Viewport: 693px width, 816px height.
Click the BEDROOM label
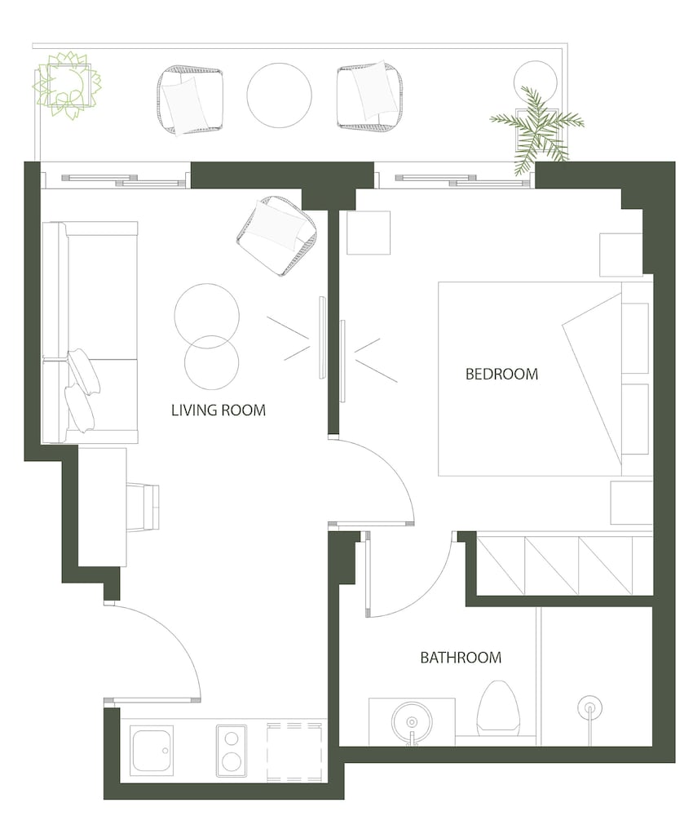[501, 374]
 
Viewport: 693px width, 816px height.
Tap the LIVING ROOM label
[218, 410]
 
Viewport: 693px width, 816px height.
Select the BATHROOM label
[461, 657]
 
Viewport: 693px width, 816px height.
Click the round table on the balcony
[279, 95]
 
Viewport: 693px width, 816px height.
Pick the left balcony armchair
[190, 100]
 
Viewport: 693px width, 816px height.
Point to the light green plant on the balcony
[67, 86]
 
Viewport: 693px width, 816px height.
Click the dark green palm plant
[536, 130]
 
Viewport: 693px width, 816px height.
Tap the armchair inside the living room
[276, 236]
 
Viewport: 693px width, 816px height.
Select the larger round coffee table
[207, 316]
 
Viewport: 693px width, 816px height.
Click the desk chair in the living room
[143, 508]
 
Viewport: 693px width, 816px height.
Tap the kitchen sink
[152, 751]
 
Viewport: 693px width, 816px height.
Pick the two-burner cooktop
[232, 751]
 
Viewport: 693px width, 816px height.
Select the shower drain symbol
[590, 707]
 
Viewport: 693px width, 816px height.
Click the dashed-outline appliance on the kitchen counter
[294, 752]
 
